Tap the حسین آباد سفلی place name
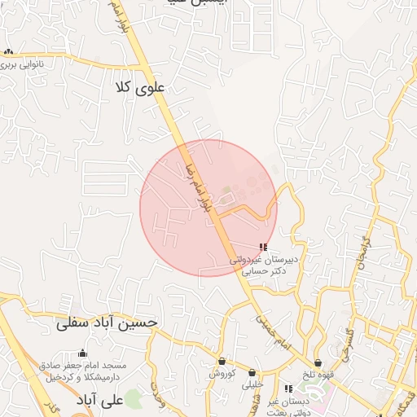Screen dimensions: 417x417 pyautogui.click(x=106, y=323)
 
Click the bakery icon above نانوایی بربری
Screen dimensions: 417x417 pyautogui.click(x=9, y=51)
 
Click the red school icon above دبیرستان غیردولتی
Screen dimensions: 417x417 pyautogui.click(x=262, y=247)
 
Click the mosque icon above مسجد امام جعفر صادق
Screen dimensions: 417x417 pyautogui.click(x=81, y=353)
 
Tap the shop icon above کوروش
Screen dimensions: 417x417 pyautogui.click(x=222, y=362)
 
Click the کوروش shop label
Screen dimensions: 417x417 pyautogui.click(x=222, y=373)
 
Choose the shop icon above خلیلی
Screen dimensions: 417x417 pyautogui.click(x=252, y=371)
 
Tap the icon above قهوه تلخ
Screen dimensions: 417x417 pyautogui.click(x=318, y=362)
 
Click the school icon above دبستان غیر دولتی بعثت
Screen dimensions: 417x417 pyautogui.click(x=288, y=388)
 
